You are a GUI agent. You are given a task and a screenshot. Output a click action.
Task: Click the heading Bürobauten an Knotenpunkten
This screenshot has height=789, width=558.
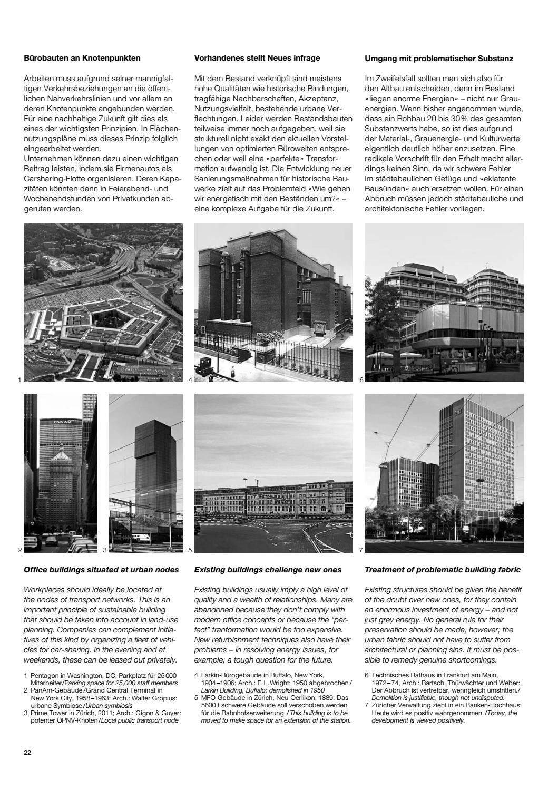(82, 58)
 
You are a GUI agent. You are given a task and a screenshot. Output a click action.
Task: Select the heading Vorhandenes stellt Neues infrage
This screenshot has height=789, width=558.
(257, 58)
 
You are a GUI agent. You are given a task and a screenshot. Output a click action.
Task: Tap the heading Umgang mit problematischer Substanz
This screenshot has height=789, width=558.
(439, 59)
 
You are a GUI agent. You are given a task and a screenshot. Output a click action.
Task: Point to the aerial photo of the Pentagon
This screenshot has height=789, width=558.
(103, 303)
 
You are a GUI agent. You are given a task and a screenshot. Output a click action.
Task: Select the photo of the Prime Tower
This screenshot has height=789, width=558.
(146, 473)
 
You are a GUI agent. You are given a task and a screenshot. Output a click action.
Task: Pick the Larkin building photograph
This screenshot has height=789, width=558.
(273, 303)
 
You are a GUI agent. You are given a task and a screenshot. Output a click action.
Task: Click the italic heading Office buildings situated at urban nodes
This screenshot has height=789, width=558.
(101, 570)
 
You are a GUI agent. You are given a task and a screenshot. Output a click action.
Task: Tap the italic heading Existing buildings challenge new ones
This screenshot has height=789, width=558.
(268, 570)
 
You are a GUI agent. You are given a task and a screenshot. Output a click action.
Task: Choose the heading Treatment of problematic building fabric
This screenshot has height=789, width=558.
(443, 570)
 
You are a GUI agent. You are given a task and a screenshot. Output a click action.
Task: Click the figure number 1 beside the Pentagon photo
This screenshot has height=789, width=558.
(19, 379)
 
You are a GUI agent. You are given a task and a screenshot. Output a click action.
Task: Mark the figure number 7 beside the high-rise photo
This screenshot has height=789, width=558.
(360, 550)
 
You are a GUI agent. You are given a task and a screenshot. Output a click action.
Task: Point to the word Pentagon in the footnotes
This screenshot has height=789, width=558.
(44, 675)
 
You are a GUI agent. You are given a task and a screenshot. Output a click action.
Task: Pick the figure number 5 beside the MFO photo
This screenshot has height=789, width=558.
(190, 550)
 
